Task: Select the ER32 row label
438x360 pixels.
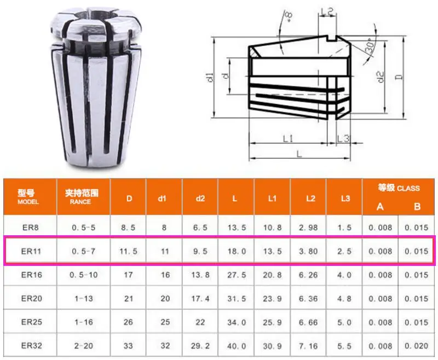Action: (30, 345)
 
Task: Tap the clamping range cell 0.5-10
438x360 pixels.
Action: (83, 275)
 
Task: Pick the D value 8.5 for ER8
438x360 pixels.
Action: (129, 226)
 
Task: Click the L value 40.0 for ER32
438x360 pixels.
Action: (237, 345)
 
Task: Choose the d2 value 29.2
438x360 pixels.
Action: (200, 345)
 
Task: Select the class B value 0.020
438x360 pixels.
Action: (418, 345)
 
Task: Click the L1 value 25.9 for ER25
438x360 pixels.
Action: (272, 322)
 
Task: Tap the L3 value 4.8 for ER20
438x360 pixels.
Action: (344, 298)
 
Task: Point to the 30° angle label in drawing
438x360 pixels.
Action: (370, 48)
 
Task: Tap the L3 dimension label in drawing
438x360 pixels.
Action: (343, 138)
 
